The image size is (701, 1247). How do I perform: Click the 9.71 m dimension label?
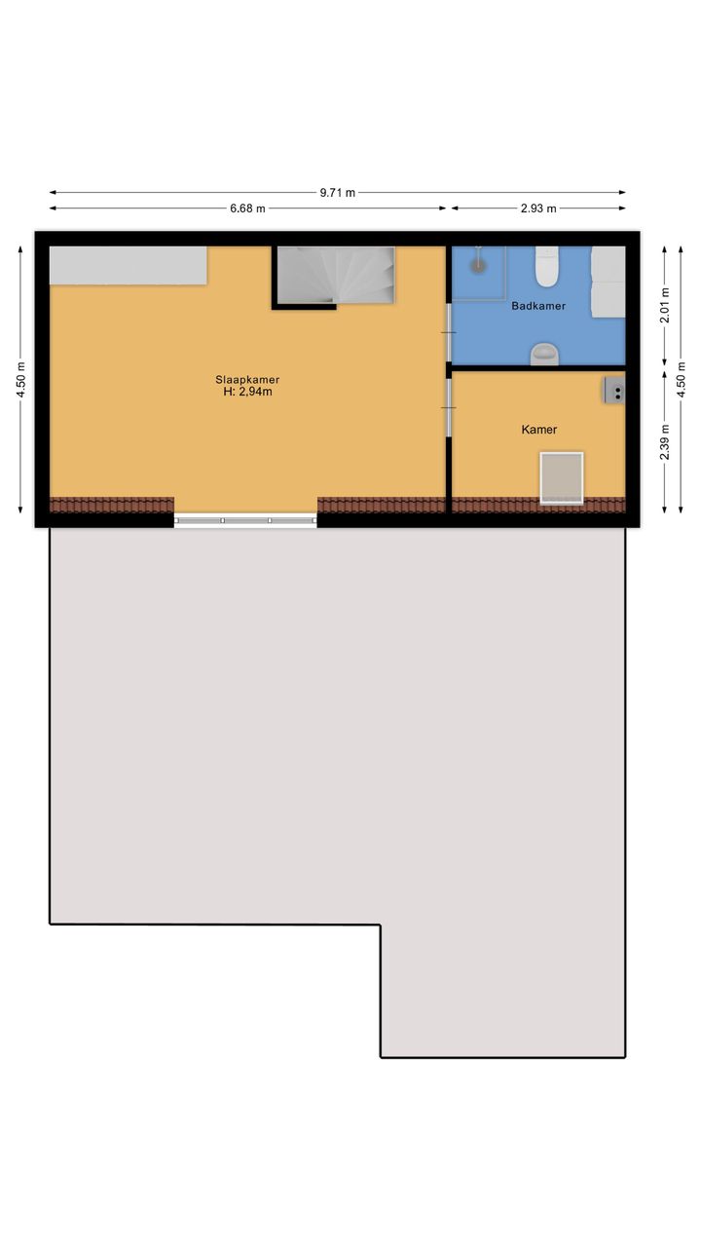[x=337, y=193]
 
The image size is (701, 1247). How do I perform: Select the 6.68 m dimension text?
[x=247, y=208]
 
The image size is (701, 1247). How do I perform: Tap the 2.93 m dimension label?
[x=538, y=208]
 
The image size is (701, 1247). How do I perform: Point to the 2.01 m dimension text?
[x=664, y=305]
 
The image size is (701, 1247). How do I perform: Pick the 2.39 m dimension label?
[x=664, y=442]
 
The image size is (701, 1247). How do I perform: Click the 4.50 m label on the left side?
[x=20, y=380]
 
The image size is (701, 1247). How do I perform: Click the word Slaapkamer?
[x=247, y=380]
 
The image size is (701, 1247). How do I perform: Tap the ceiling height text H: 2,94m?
[x=247, y=392]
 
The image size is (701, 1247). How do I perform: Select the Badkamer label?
[x=538, y=306]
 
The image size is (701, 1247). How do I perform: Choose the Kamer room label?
[x=539, y=430]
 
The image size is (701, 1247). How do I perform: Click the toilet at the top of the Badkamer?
[x=546, y=265]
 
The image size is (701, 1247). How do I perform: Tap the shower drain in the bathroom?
[x=478, y=265]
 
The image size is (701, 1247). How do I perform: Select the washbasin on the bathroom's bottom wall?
[x=544, y=355]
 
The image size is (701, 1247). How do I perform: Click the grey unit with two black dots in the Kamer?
[x=614, y=390]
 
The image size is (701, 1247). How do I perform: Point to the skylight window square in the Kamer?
[x=562, y=478]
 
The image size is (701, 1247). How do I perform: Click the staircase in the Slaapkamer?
[x=336, y=276]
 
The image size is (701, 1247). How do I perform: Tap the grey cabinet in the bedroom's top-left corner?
[x=129, y=266]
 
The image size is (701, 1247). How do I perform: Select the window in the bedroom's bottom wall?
[x=245, y=520]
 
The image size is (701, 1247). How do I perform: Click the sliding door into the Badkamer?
[x=449, y=332]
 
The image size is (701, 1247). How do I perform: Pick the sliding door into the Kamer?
[x=449, y=407]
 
